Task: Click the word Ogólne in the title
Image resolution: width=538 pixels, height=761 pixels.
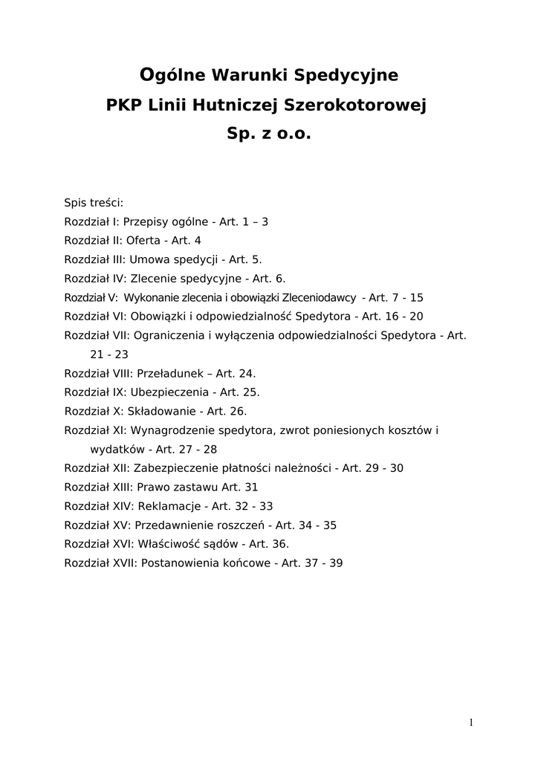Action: pos(174,75)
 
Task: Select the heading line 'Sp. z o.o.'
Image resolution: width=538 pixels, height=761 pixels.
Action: pos(268,135)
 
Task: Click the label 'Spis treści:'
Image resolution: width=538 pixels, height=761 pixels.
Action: pos(94,202)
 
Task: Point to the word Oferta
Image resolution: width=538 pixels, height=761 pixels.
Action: pos(143,241)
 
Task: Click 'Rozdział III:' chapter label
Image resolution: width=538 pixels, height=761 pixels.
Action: pos(95,259)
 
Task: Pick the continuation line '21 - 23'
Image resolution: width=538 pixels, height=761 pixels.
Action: pos(109,354)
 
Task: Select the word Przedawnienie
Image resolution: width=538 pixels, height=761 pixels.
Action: pos(172,525)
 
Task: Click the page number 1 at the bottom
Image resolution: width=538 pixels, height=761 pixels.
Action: pos(471,723)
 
